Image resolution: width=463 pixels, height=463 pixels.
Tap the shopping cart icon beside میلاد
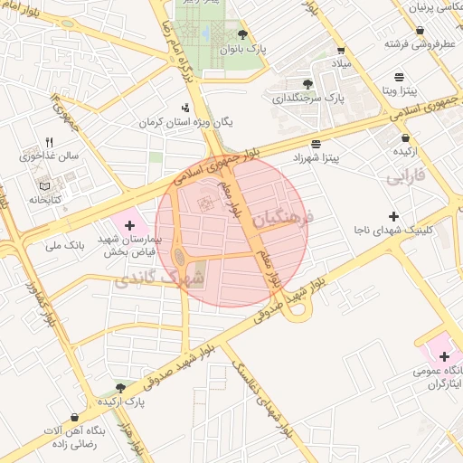pos(340,51)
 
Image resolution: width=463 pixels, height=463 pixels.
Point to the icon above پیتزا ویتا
pos(400,77)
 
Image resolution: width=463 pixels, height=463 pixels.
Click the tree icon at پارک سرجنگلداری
pos(308,83)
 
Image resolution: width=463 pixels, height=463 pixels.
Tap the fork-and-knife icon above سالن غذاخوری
pos(50,142)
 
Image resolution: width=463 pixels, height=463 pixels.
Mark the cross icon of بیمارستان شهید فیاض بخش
pos(130,223)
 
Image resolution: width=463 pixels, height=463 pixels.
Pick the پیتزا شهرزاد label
pos(315,158)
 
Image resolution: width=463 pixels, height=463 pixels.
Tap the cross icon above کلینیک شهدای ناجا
pos(392,216)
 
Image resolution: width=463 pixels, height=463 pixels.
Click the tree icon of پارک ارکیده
pos(120,387)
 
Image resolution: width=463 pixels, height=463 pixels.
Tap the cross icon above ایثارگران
pos(444,356)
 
